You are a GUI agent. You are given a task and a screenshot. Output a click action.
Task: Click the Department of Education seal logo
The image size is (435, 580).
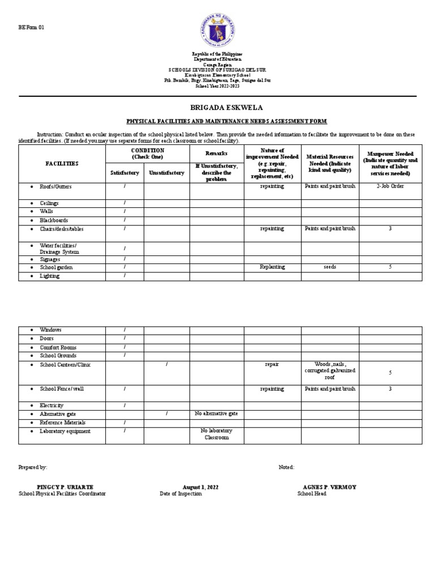click(x=217, y=28)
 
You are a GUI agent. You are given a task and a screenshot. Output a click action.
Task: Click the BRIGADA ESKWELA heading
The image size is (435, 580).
click(x=217, y=108)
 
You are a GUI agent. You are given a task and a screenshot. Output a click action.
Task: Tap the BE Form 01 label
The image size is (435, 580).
click(x=31, y=11)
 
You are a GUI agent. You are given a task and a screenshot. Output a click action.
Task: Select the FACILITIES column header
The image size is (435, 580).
click(x=62, y=164)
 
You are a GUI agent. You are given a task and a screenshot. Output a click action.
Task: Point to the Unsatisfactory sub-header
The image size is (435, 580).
click(x=167, y=173)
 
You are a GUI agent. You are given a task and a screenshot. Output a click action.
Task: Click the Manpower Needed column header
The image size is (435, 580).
click(x=390, y=164)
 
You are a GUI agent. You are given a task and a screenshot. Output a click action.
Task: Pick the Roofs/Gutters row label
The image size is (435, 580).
click(x=56, y=186)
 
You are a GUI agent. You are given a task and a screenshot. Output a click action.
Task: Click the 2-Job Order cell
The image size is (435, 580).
click(x=390, y=186)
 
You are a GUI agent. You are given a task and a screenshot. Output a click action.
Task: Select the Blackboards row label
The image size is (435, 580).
click(x=54, y=220)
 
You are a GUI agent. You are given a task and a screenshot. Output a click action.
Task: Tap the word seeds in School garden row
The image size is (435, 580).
click(x=330, y=267)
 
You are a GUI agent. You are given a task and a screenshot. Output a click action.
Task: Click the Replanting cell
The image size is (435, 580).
click(x=272, y=267)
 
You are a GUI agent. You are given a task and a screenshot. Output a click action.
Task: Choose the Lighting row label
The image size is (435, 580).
click(x=49, y=276)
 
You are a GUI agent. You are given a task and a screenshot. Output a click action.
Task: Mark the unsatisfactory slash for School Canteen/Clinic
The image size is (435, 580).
click(x=167, y=365)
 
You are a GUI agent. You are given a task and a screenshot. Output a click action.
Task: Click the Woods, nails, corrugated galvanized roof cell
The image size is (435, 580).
click(x=330, y=370)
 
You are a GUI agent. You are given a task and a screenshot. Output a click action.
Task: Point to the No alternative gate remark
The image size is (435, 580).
click(x=216, y=414)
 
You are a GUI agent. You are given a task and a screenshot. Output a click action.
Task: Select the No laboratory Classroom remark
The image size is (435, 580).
click(x=216, y=434)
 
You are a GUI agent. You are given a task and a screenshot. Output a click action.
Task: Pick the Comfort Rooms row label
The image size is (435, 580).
click(x=58, y=347)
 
